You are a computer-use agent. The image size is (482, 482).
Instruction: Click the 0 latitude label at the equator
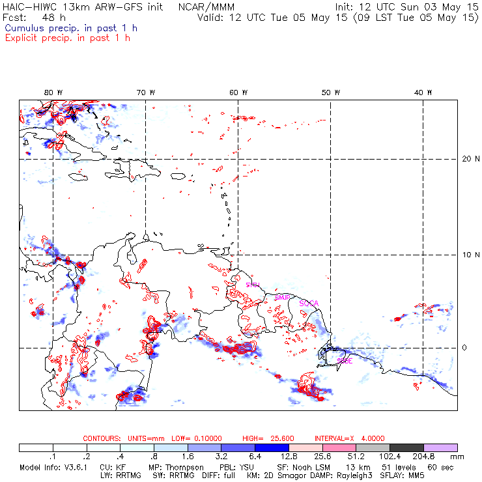[x=464, y=347]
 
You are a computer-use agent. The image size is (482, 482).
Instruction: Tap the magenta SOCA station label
[x=308, y=304]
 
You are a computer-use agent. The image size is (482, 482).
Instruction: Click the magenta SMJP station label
[x=282, y=297]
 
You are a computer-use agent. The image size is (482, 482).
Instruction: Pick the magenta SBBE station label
[x=345, y=360]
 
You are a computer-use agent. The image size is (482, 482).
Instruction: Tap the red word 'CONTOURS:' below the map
[x=102, y=438]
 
